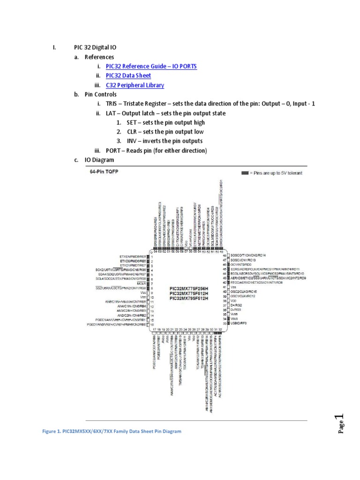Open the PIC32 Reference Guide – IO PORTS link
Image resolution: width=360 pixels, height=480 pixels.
151,67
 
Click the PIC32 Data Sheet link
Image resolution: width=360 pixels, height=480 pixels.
128,76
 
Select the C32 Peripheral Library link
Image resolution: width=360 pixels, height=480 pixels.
135,85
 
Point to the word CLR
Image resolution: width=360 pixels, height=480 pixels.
132,132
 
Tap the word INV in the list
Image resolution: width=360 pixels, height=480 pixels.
132,141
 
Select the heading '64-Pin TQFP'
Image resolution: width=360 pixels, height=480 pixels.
104,172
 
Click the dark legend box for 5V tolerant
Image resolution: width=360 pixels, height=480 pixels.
245,172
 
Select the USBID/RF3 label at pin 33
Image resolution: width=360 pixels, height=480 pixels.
237,323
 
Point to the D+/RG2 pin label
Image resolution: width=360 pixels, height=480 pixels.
235,306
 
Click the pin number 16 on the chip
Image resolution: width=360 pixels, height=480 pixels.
152,323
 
